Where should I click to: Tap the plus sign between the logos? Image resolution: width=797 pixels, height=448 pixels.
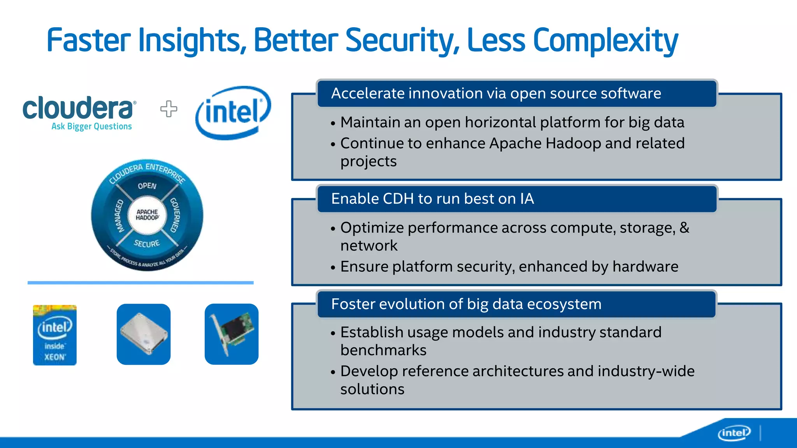pyautogui.click(x=169, y=109)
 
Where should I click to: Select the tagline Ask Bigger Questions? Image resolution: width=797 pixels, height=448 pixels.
pyautogui.click(x=91, y=126)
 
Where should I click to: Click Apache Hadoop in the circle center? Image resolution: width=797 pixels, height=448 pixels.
pyautogui.click(x=147, y=215)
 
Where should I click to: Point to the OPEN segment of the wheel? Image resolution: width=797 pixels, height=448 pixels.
pyautogui.click(x=147, y=186)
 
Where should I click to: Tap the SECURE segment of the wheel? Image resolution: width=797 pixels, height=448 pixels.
pyautogui.click(x=147, y=243)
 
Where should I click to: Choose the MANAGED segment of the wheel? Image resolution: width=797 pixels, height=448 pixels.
pyautogui.click(x=119, y=216)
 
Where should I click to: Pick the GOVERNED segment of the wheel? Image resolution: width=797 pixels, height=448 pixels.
pyautogui.click(x=175, y=215)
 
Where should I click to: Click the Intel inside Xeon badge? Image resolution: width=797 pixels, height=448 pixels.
pyautogui.click(x=55, y=335)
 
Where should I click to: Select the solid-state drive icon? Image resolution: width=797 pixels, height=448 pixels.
pyautogui.click(x=144, y=334)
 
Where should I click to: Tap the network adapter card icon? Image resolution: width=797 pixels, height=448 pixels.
pyautogui.click(x=232, y=334)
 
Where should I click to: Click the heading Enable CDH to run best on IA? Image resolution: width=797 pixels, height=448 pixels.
pyautogui.click(x=432, y=199)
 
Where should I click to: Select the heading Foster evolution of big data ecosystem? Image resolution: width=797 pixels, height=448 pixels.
pyautogui.click(x=466, y=304)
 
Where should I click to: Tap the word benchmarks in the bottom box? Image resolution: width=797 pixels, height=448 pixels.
pyautogui.click(x=383, y=350)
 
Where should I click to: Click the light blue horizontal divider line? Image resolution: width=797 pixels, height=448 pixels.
pyautogui.click(x=140, y=283)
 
